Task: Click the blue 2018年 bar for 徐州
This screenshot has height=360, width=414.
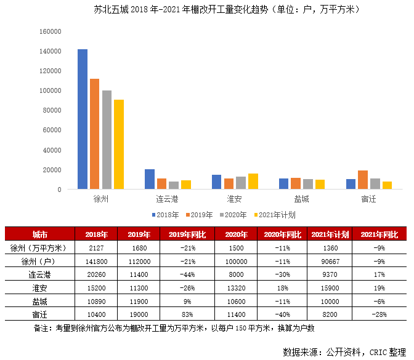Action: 82,119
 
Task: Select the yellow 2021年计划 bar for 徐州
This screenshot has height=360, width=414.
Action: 119,145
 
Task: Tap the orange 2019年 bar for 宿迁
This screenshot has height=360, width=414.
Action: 363,180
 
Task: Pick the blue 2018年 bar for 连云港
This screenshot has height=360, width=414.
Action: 149,179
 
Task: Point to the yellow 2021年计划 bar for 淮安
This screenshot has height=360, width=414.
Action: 253,182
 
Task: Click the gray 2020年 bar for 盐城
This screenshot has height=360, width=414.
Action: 308,184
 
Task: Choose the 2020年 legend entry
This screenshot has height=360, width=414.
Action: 233,215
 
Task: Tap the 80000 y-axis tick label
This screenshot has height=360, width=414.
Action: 51,110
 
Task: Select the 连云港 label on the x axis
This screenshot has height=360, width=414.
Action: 167,199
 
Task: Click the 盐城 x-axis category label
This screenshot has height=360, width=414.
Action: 302,199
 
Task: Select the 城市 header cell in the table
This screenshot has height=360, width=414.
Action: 40,234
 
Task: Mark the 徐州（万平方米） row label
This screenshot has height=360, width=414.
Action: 40,248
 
